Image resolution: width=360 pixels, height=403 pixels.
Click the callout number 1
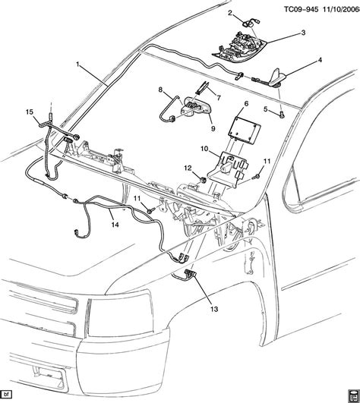tap(77, 65)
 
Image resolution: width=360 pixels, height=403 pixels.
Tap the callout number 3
tap(302, 33)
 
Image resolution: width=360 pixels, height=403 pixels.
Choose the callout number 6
tap(246, 102)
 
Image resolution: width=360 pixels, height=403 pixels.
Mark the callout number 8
tap(160, 90)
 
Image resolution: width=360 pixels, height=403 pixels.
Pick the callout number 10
tap(204, 150)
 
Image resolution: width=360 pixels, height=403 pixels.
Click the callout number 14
tap(115, 224)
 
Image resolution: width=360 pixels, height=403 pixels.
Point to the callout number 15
tap(30, 113)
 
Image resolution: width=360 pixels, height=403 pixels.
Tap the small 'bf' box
tap(8, 395)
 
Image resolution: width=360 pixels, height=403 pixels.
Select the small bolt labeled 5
tap(280, 115)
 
